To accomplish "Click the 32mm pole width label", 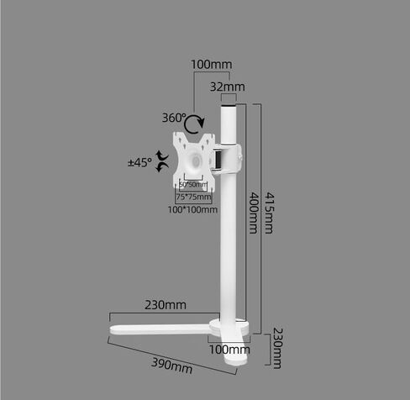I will [227, 87].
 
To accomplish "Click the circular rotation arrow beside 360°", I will [195, 124].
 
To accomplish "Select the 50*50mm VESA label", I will [192, 185].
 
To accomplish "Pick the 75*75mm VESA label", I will [193, 197].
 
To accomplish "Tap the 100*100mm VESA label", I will [193, 209].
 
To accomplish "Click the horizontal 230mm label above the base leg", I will [166, 304].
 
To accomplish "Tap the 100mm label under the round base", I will [229, 349].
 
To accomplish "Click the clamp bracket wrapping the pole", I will [228, 156].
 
